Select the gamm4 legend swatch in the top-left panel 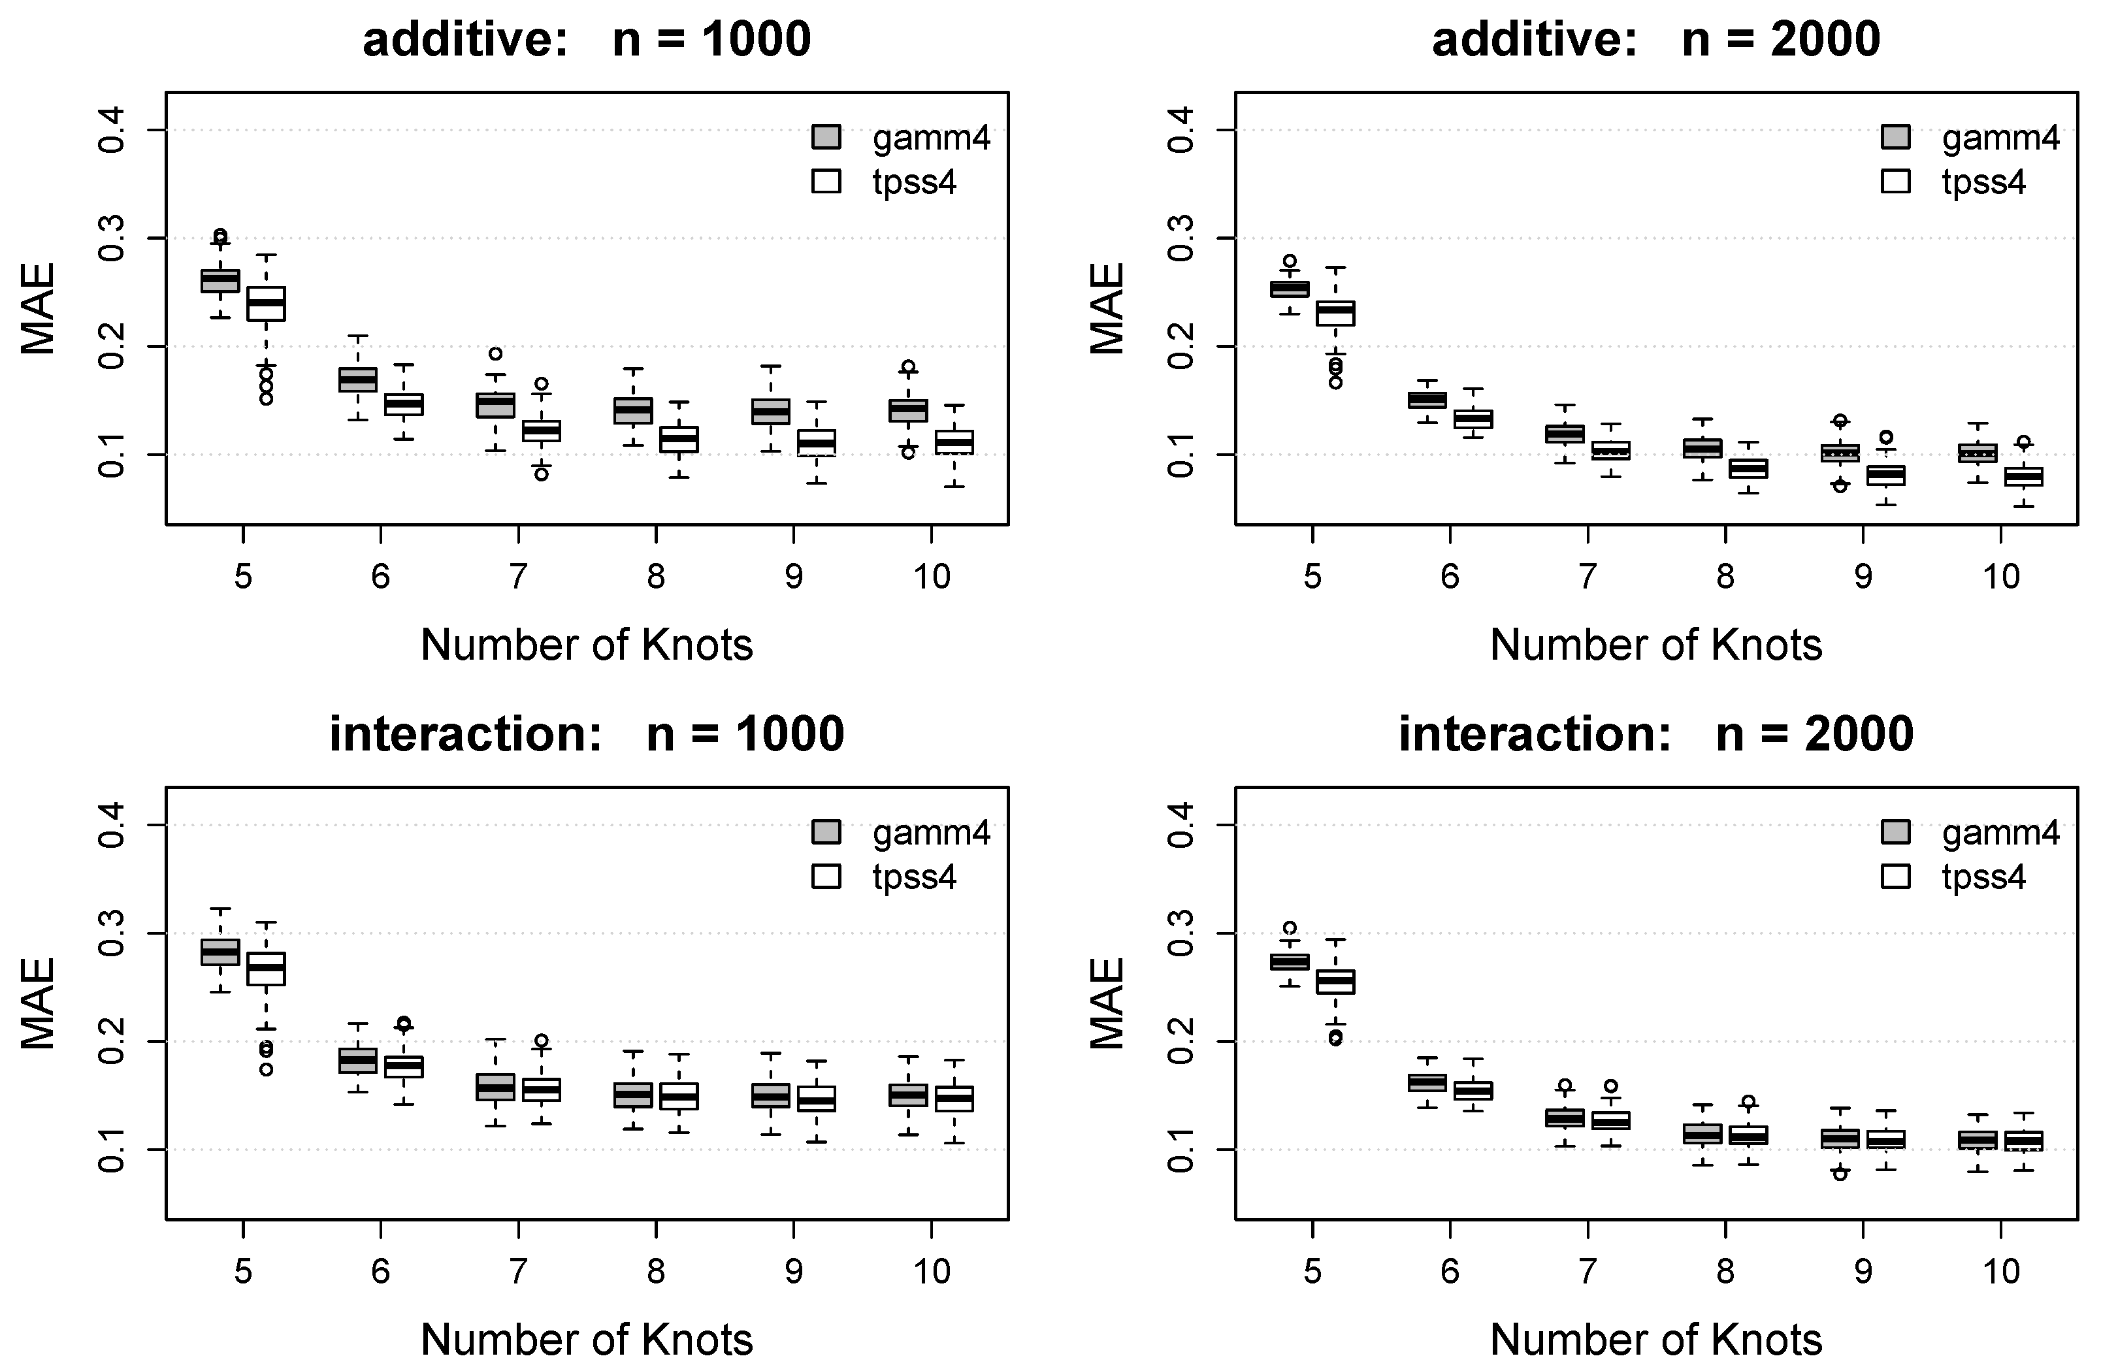point(826,138)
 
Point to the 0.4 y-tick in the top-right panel point(1181,131)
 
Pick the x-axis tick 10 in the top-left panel point(932,577)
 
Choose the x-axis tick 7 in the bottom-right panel point(1588,1271)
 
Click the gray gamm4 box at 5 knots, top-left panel point(220,280)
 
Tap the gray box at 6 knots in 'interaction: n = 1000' point(357,1059)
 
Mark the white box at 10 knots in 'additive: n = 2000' point(2023,477)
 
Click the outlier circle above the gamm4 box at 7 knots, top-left point(495,354)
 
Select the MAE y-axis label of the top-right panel point(1107,308)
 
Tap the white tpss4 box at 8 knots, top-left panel point(679,439)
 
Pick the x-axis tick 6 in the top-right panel point(1450,577)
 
